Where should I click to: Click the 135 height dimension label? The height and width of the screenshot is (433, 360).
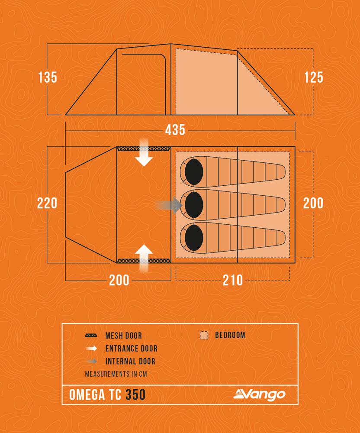(x=48, y=78)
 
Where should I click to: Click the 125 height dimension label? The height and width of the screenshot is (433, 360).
(x=314, y=78)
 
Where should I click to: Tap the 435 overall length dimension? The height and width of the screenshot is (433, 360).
(x=175, y=130)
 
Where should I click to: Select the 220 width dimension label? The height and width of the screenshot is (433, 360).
(x=47, y=203)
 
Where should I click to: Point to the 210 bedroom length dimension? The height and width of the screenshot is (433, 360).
(x=232, y=280)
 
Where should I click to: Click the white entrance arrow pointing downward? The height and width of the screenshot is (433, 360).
(x=144, y=152)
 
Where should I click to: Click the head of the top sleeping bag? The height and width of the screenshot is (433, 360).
(x=194, y=172)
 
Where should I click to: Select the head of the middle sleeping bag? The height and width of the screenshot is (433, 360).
(x=194, y=205)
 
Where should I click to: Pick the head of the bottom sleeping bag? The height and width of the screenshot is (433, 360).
(x=194, y=238)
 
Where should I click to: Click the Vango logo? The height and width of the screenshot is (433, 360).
(x=259, y=394)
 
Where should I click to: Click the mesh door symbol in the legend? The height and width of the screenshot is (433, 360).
(x=91, y=336)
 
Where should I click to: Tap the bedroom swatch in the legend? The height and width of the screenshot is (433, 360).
(x=204, y=335)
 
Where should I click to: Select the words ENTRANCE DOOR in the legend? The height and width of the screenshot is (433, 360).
(x=131, y=349)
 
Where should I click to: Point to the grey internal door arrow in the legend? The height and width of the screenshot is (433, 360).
(x=92, y=361)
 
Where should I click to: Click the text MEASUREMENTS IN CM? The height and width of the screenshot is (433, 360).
(x=116, y=374)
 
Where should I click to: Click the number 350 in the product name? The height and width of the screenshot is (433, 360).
(x=135, y=394)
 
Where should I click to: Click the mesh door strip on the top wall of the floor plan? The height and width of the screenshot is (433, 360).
(x=144, y=149)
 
